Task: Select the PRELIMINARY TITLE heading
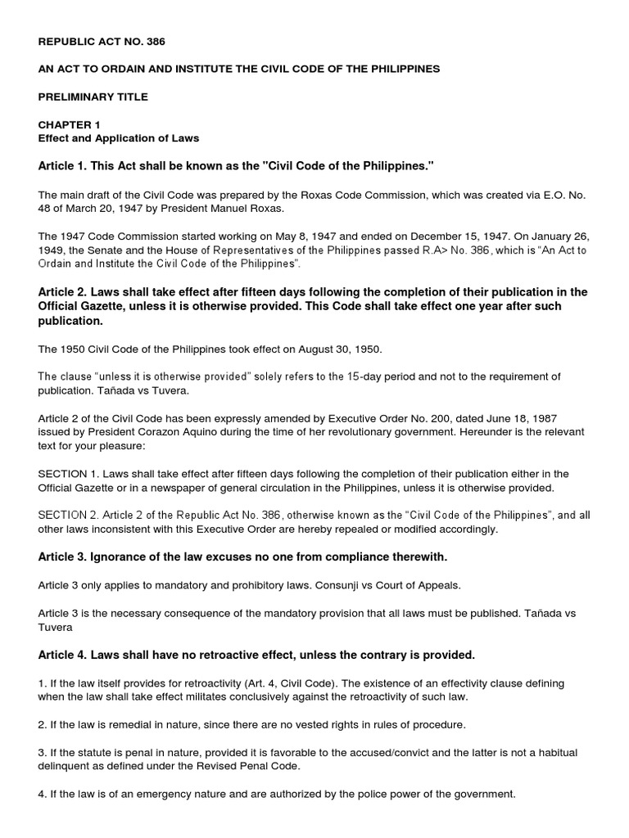93,97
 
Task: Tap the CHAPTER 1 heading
70,124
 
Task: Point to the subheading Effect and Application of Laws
119,138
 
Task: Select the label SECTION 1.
67,474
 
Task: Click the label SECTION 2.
67,516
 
